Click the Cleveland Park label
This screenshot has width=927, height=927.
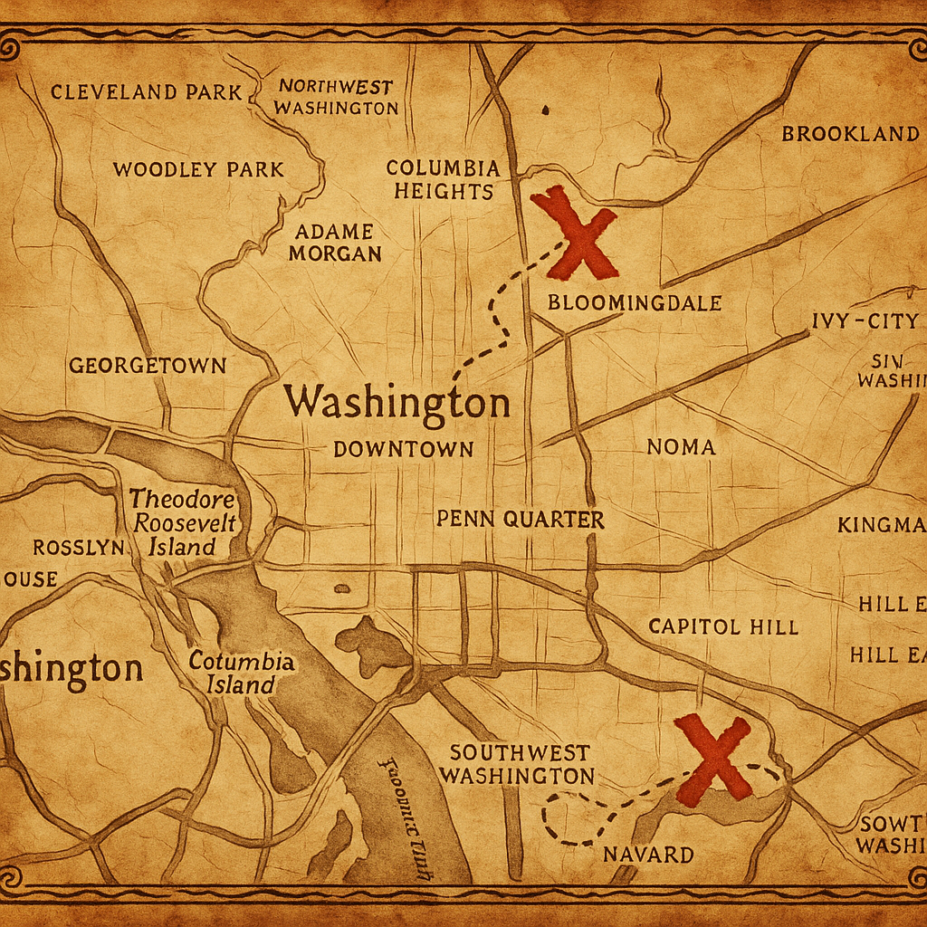pyautogui.click(x=146, y=92)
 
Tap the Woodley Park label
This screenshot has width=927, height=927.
pyautogui.click(x=198, y=169)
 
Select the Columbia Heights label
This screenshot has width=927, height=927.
pyautogui.click(x=443, y=179)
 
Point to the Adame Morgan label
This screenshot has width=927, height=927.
pyautogui.click(x=335, y=243)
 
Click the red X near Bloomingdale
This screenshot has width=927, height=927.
pyautogui.click(x=576, y=234)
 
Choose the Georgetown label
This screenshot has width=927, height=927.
pyautogui.click(x=148, y=366)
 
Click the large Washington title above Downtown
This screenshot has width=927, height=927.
pyautogui.click(x=397, y=404)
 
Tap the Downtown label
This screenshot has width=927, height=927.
pyautogui.click(x=403, y=449)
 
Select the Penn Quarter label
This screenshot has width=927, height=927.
pyautogui.click(x=520, y=520)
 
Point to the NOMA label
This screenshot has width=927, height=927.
pyautogui.click(x=681, y=447)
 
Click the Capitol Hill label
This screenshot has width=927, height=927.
pyautogui.click(x=723, y=626)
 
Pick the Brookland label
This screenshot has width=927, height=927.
pyautogui.click(x=850, y=134)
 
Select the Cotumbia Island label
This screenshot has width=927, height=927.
pyautogui.click(x=241, y=673)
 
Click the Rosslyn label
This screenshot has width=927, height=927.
pyautogui.click(x=79, y=548)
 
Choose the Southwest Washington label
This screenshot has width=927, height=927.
pyautogui.click(x=520, y=764)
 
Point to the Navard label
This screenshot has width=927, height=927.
pyautogui.click(x=648, y=855)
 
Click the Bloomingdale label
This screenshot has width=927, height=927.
pyautogui.click(x=635, y=303)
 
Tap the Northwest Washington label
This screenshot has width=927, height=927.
pyautogui.click(x=336, y=98)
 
